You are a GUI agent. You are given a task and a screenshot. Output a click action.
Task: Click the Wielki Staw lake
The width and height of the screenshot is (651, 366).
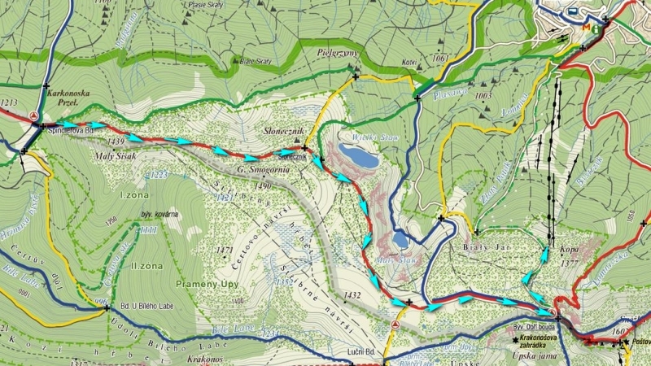pyautogui.click(x=358, y=155)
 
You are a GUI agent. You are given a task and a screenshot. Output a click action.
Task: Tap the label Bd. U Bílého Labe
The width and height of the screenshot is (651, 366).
pyautogui.click(x=146, y=307)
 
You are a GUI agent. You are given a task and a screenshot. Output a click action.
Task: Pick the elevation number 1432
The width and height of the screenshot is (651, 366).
pyautogui.click(x=352, y=294)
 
